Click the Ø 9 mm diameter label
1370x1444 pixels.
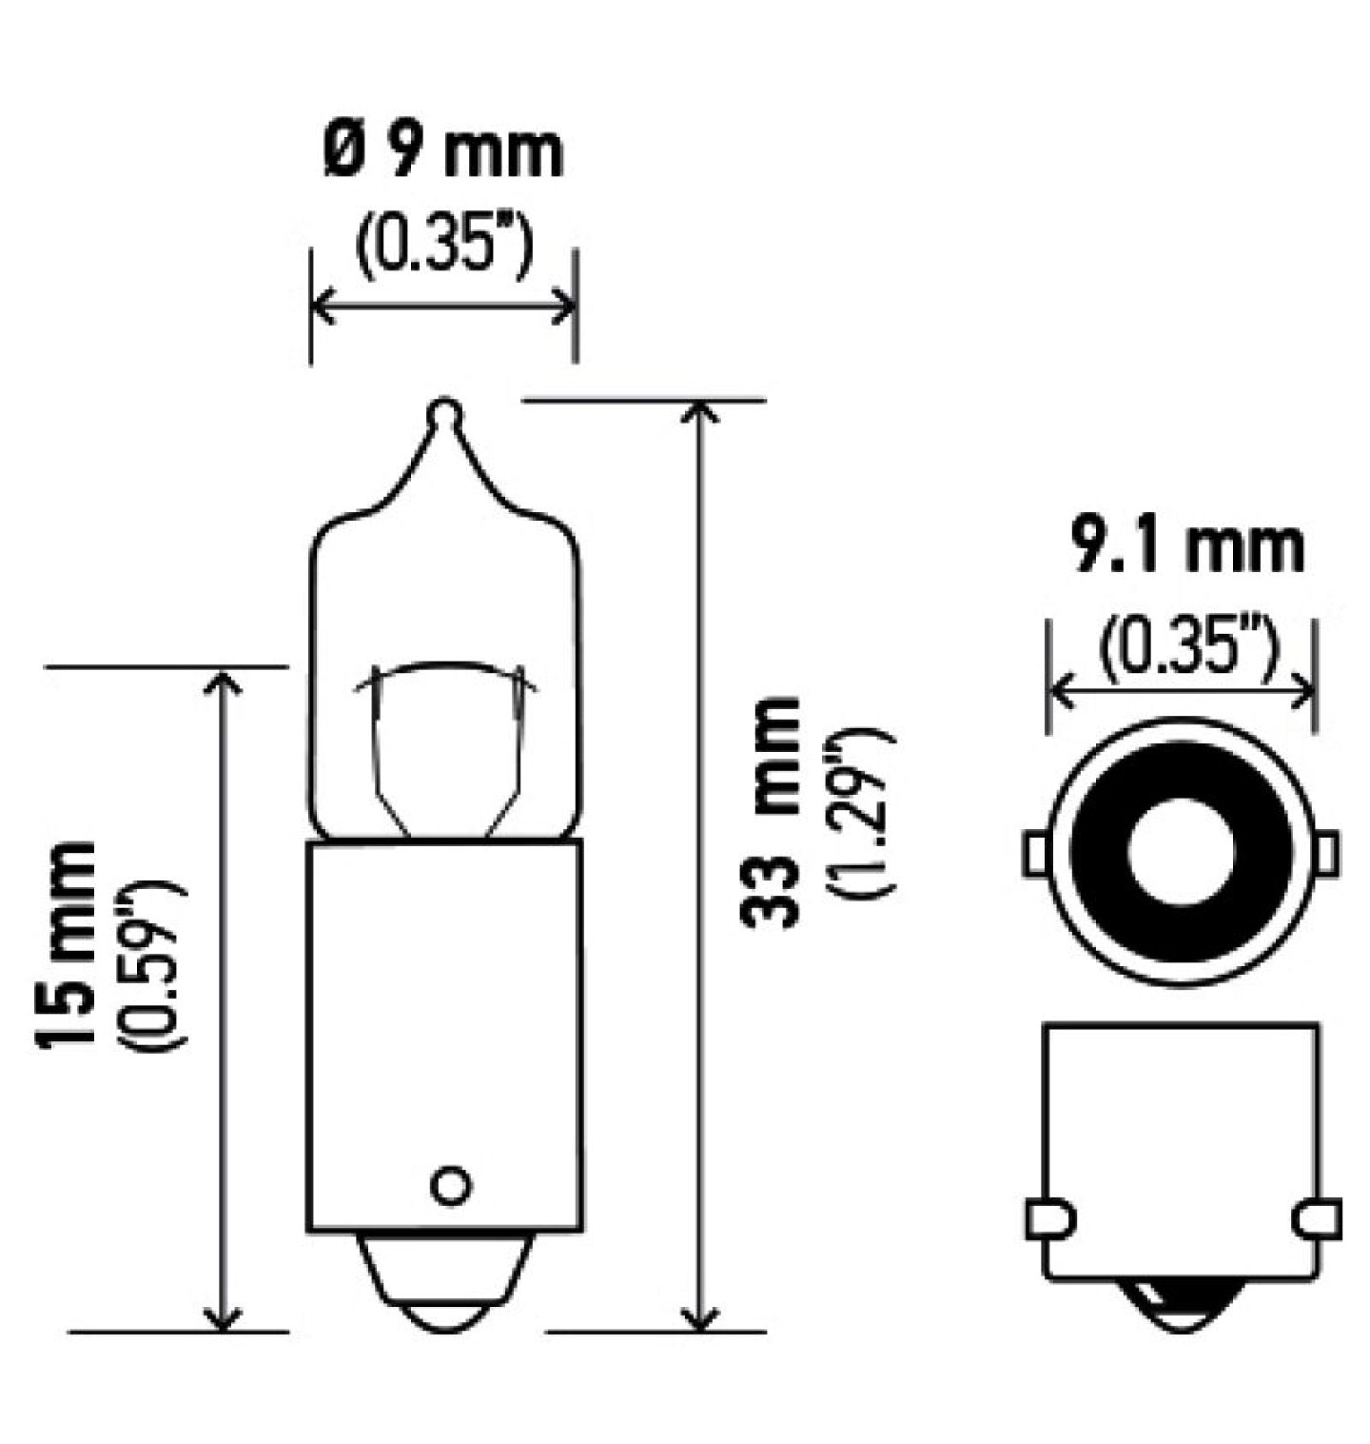tap(443, 151)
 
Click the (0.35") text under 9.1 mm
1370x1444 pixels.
tap(1186, 645)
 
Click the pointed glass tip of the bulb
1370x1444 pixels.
tap(444, 414)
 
